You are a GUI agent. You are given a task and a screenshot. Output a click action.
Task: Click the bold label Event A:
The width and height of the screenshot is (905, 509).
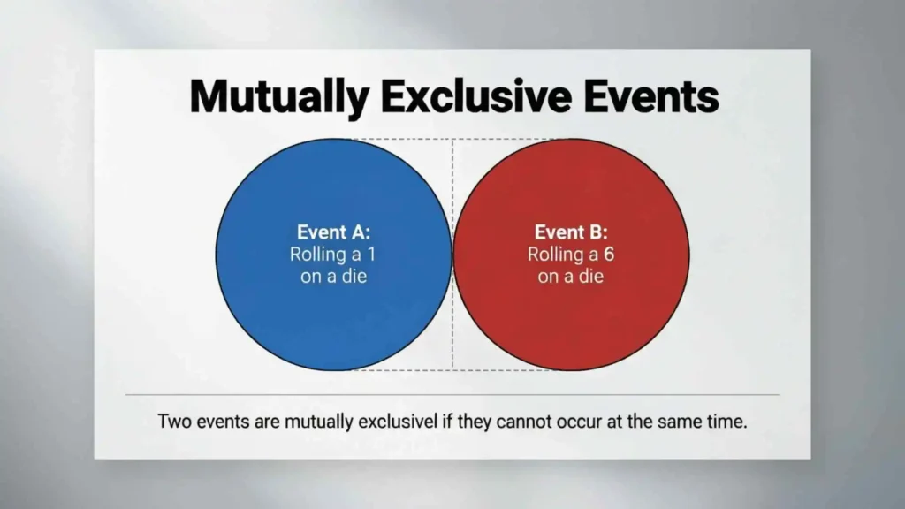(x=333, y=233)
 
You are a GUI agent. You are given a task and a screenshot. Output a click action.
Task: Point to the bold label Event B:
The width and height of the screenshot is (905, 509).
(x=571, y=233)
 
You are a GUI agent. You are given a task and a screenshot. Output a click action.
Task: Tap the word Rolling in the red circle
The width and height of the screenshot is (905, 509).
(x=555, y=254)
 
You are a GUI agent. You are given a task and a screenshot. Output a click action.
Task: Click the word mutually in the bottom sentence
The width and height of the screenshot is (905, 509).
(x=319, y=422)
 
